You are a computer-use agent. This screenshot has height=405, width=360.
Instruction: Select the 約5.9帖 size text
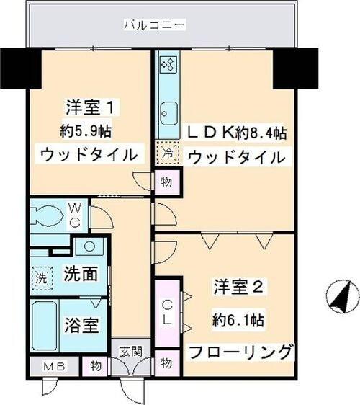pos(85,131)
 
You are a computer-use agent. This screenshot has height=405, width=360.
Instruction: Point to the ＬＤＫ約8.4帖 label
pos(236,133)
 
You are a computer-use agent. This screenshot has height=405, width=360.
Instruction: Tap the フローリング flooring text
pos(240,352)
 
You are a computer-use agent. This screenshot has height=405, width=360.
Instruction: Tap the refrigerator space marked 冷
pos(166,153)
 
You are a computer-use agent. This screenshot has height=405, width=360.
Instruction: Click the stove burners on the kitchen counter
pos(168,66)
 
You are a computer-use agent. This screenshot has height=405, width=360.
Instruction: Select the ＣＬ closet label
pos(166,313)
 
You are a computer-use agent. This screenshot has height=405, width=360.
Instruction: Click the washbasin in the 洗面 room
pos(90,246)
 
